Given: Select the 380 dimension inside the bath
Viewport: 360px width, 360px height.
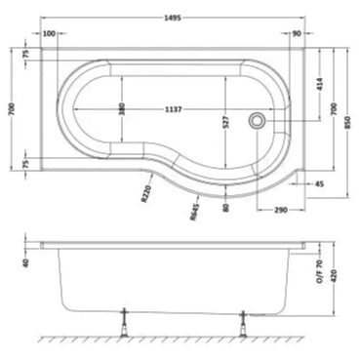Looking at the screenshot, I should pyautogui.click(x=122, y=109).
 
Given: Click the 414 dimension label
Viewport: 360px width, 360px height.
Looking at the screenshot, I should pyautogui.click(x=319, y=87).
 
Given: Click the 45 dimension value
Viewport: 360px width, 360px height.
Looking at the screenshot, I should pyautogui.click(x=318, y=182).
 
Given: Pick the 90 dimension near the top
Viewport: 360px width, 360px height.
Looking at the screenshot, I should pyautogui.click(x=297, y=34).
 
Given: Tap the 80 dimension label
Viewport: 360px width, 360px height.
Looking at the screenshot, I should pyautogui.click(x=226, y=204).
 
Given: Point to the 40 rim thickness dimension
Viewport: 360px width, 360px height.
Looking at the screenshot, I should pyautogui.click(x=25, y=260).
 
